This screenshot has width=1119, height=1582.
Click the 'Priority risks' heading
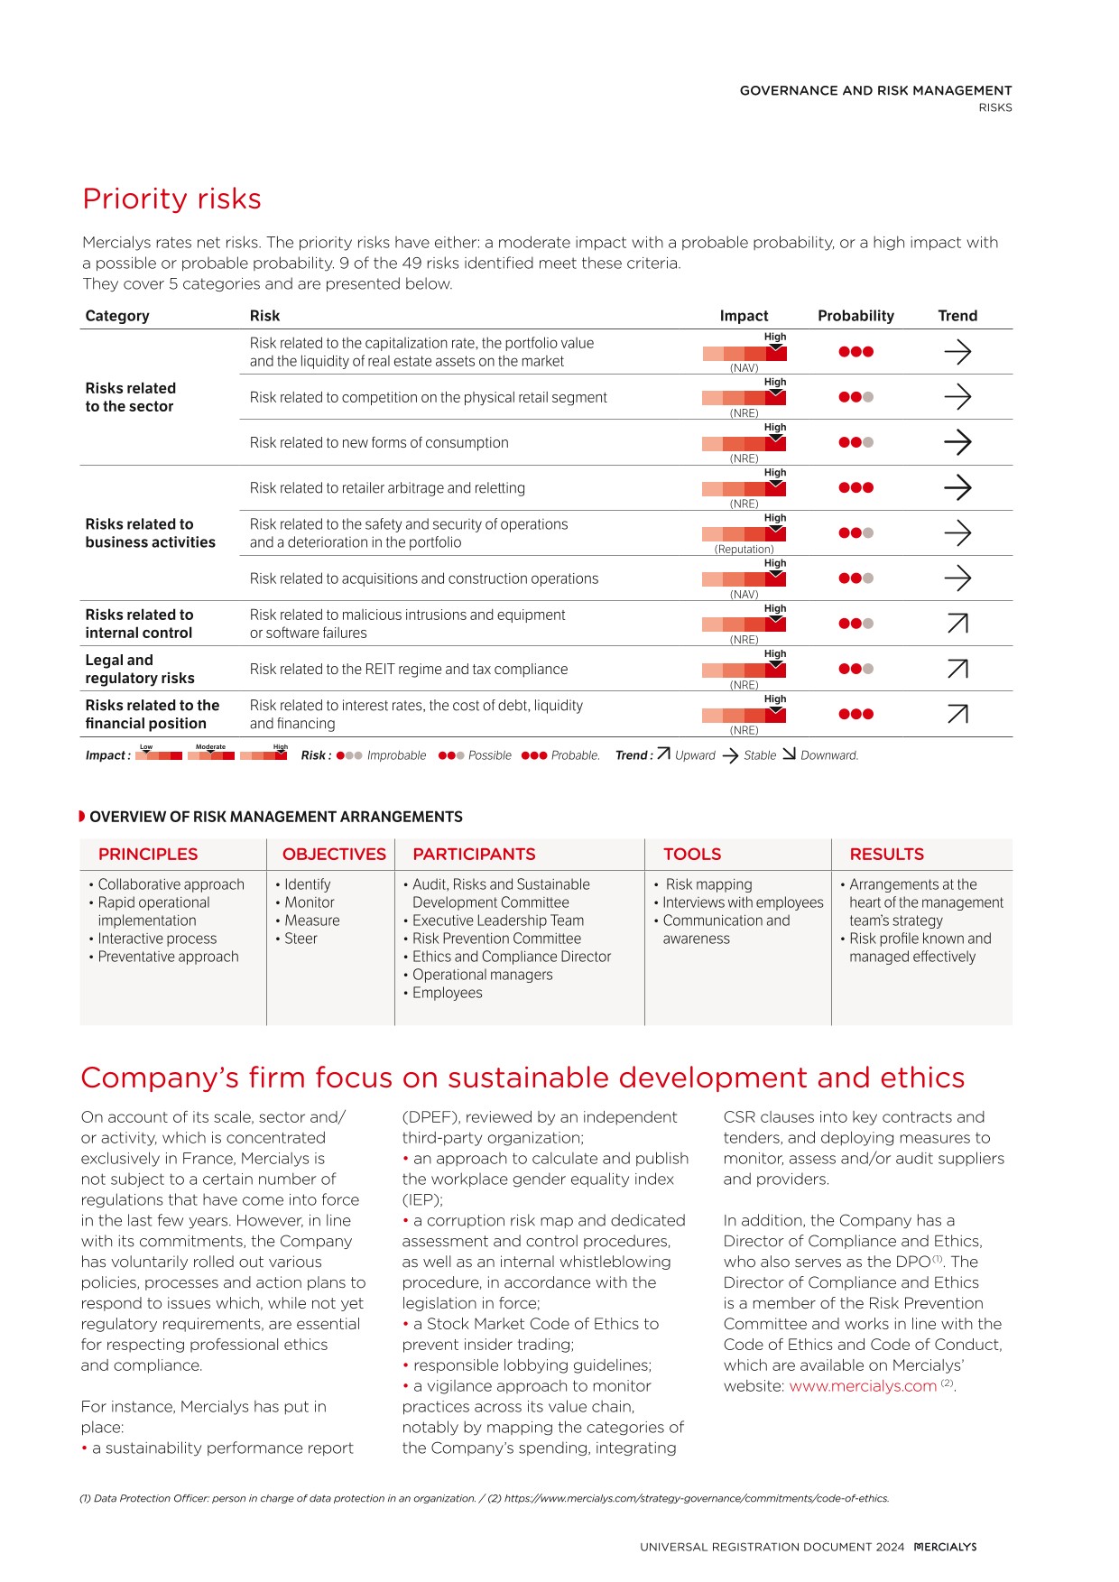(x=171, y=199)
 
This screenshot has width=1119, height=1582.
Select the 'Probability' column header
(x=855, y=316)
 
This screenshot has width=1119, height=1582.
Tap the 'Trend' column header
(x=957, y=316)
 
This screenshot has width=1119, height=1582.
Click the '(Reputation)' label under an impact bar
(x=744, y=549)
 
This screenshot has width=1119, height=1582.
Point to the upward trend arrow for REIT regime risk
(x=957, y=669)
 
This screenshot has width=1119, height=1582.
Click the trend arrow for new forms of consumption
(x=957, y=442)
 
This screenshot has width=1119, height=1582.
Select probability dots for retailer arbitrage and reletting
(x=855, y=487)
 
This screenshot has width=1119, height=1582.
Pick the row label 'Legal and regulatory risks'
(x=140, y=669)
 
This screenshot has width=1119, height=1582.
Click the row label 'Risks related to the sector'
(x=131, y=397)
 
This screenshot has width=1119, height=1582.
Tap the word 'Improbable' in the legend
(x=396, y=755)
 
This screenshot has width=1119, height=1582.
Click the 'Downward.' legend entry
(x=829, y=755)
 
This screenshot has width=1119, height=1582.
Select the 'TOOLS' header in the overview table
(x=692, y=854)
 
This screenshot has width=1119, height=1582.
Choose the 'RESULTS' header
(x=886, y=854)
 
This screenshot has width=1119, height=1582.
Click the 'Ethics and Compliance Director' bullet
(x=512, y=957)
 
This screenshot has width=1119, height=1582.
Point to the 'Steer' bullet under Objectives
(x=301, y=939)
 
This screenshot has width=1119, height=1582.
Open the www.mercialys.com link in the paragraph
(x=863, y=1386)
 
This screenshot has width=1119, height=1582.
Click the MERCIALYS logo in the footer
(x=945, y=1547)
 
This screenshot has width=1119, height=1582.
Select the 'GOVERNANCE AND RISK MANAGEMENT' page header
(x=875, y=90)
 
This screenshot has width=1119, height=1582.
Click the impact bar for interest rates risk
(x=744, y=715)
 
